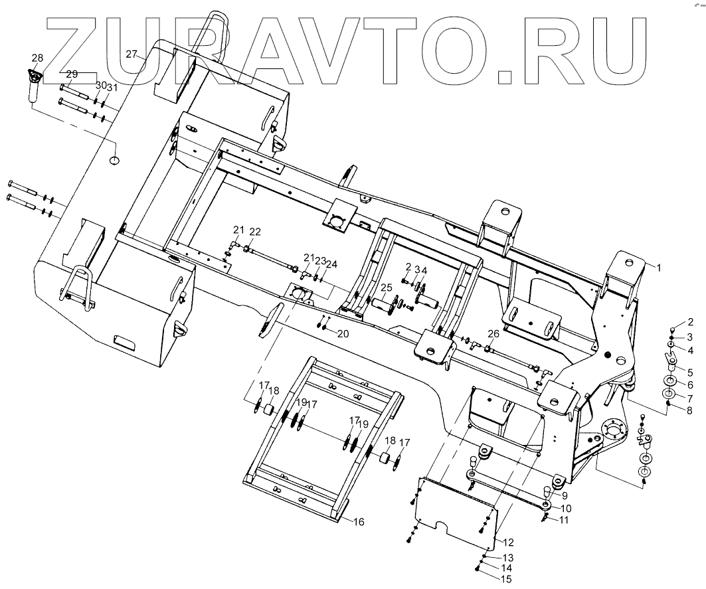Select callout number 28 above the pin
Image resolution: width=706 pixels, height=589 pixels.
(x=37, y=57)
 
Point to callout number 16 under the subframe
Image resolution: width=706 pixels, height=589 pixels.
(x=358, y=522)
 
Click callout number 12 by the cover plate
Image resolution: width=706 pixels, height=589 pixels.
(x=509, y=543)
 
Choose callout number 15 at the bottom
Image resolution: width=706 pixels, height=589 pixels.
(x=506, y=580)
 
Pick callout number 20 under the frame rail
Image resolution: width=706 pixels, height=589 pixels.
(x=343, y=333)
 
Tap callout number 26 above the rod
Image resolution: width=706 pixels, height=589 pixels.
(x=493, y=333)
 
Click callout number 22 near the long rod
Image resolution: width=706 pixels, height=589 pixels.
(x=255, y=231)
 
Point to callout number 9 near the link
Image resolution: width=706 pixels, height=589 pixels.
(x=563, y=495)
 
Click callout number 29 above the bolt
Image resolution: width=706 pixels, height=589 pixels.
(x=72, y=74)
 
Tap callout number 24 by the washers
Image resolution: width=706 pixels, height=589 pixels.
(x=331, y=264)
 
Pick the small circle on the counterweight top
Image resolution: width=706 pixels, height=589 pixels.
(x=114, y=160)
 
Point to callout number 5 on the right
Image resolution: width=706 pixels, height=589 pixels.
(x=689, y=372)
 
